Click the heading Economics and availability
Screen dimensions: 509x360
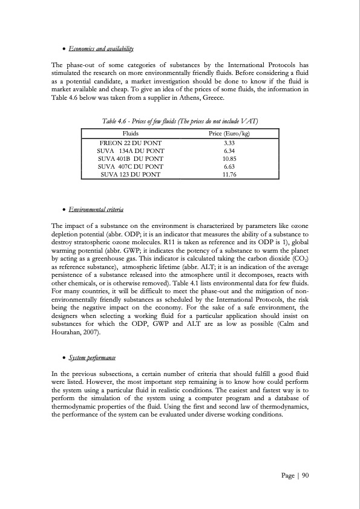(x=100, y=48)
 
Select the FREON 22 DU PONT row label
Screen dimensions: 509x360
(x=129, y=142)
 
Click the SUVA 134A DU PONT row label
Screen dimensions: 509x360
(x=129, y=150)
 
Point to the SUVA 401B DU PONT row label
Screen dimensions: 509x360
(x=129, y=158)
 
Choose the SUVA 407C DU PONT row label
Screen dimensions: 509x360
(x=129, y=166)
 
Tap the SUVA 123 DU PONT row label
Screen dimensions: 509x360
(x=129, y=173)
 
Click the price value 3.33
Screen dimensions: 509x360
(x=229, y=142)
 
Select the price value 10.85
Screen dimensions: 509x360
(x=229, y=158)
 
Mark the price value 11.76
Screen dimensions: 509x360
(x=229, y=173)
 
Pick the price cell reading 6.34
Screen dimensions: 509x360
(x=229, y=150)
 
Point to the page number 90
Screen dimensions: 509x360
(x=305, y=476)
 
